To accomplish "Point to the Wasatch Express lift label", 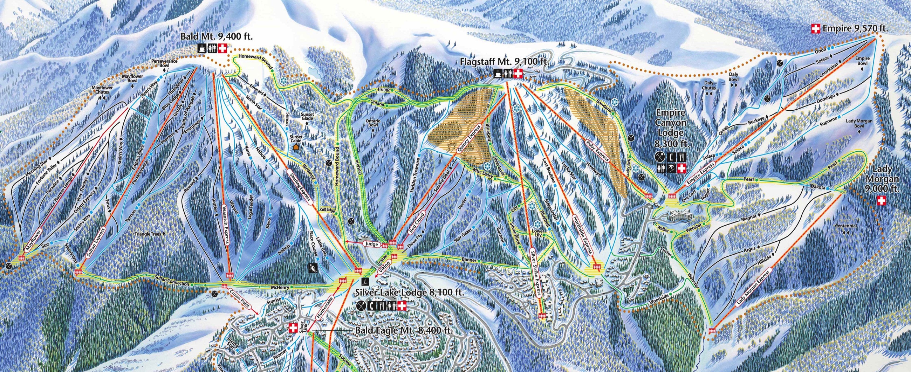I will (x=226, y=229).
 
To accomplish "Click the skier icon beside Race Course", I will (x=313, y=268).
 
